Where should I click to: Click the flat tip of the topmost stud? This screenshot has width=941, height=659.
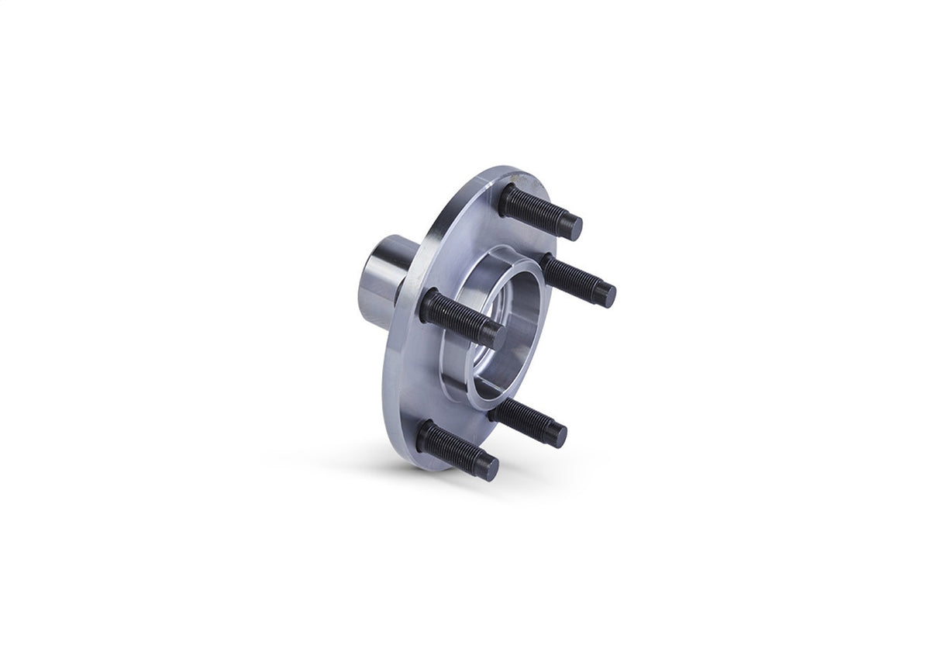coord(571,227)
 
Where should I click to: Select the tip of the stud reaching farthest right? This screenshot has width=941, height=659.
coord(605,295)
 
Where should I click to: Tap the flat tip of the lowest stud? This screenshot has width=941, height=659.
coord(486,468)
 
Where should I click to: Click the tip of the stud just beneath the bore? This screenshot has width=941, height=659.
coord(555,435)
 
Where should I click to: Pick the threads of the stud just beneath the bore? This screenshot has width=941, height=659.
coord(524,419)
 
